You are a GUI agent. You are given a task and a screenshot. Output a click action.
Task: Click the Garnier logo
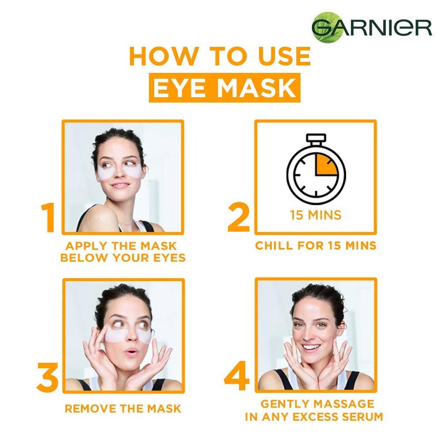point(372,27)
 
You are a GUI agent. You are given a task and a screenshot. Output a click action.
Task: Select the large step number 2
point(239,217)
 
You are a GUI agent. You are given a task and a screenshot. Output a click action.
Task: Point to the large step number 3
point(47,377)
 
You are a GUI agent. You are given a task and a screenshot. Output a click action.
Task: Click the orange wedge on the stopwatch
point(325,166)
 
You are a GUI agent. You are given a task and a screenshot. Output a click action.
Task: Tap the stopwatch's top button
point(316,137)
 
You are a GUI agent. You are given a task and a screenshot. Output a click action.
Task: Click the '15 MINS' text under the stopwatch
point(316,215)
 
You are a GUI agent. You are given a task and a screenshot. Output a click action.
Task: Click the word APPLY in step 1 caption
point(86,246)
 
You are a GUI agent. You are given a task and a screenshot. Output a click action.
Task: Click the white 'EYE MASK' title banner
point(225,88)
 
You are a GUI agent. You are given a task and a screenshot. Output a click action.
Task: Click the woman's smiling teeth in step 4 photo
point(311,347)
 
